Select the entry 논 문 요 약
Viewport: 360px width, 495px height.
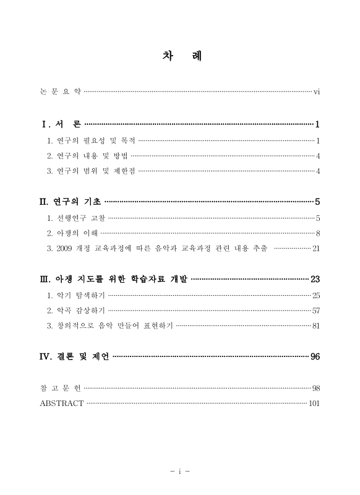[60, 92]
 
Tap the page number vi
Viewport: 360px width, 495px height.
[316, 92]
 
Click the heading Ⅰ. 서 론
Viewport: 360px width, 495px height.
[61, 124]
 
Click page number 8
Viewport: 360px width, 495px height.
[317, 233]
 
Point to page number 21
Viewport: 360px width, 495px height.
[315, 248]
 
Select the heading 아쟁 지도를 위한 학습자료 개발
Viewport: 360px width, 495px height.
[123, 279]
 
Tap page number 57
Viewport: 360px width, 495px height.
[315, 311]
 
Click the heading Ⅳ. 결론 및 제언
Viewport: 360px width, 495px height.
[74, 356]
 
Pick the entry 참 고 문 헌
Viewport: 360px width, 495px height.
[60, 388]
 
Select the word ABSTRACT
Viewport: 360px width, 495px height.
[61, 403]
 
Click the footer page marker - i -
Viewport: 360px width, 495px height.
[179, 471]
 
